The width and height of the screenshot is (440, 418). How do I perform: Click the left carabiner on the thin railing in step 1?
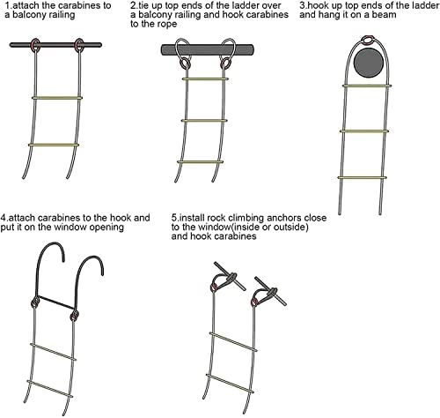[35, 46]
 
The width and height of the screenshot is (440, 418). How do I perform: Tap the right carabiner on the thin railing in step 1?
[79, 46]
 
